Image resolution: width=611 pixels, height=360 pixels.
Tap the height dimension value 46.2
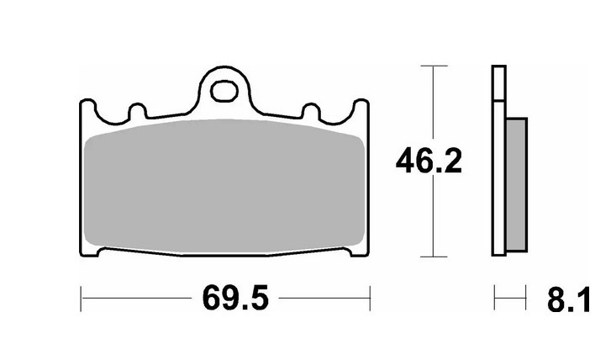coord(429,161)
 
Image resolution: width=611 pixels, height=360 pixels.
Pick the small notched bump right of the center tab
coord(311,111)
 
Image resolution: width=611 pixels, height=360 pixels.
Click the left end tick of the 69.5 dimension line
coord(81,296)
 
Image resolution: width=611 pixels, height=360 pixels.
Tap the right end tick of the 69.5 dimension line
coord(369,296)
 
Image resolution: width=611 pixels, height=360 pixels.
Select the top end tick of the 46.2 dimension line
coord(432,65)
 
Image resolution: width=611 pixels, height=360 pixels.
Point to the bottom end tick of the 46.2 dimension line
coord(432,256)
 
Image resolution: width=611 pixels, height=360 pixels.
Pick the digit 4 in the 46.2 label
coord(407,161)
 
